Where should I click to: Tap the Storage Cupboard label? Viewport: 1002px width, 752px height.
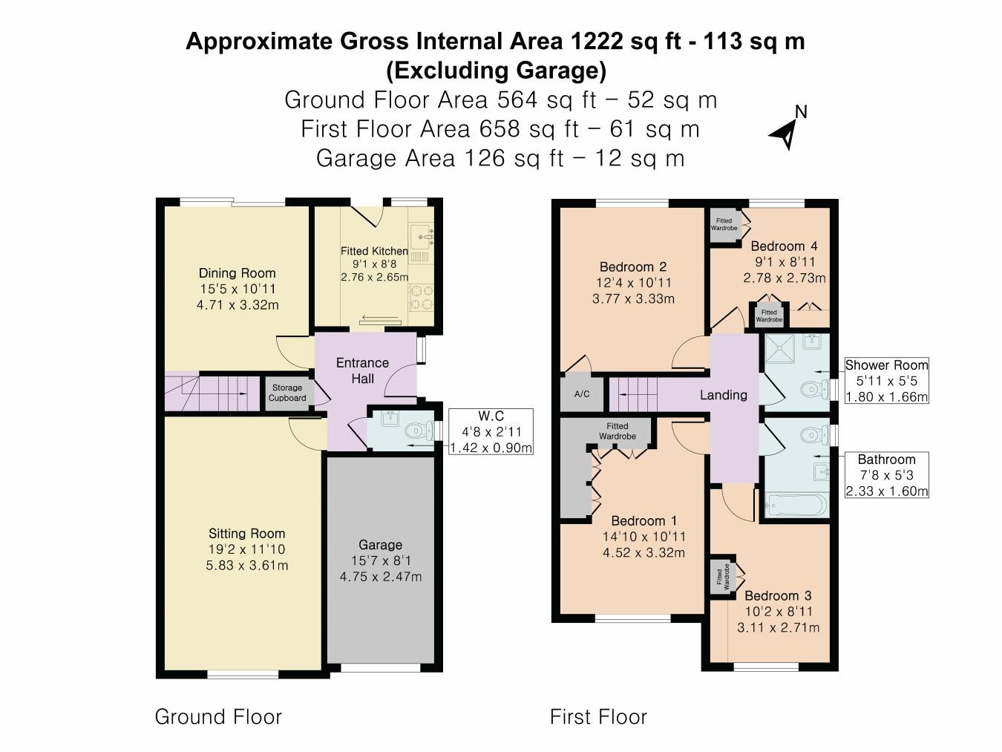287,393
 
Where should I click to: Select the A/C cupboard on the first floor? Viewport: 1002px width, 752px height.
582,393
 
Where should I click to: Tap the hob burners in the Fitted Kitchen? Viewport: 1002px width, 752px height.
421,297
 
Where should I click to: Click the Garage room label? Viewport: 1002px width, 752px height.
380,545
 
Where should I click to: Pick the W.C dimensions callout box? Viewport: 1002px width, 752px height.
491,431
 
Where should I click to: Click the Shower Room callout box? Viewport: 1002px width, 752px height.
886,380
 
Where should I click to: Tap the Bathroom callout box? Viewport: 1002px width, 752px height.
886,475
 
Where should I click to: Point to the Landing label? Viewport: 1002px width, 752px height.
724,395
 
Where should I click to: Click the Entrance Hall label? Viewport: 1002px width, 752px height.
362,370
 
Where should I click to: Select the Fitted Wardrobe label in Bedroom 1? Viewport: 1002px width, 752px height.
618,431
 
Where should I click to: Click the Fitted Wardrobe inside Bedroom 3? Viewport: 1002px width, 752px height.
723,577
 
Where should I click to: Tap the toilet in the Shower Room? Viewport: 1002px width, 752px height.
814,390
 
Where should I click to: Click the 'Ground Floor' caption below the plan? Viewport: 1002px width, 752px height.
218,717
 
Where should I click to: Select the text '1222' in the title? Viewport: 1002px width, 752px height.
597,41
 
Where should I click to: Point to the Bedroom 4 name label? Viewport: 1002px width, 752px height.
784,246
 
